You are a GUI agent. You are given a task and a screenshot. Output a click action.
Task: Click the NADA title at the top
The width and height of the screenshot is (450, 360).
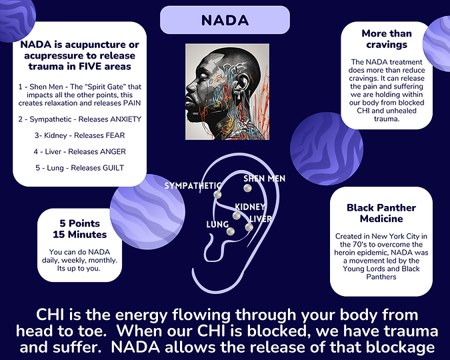225,21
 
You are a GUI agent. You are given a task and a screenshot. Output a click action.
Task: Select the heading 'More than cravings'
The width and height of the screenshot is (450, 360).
387,39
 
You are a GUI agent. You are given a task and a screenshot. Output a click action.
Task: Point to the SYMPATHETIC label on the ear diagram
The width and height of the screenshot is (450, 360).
193,185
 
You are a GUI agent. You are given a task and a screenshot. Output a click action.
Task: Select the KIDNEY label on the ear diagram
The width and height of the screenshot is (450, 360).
251,207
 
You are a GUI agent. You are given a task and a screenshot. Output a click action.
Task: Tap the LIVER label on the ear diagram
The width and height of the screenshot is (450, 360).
261,219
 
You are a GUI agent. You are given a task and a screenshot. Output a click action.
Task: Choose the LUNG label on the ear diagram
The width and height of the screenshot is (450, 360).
218,225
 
